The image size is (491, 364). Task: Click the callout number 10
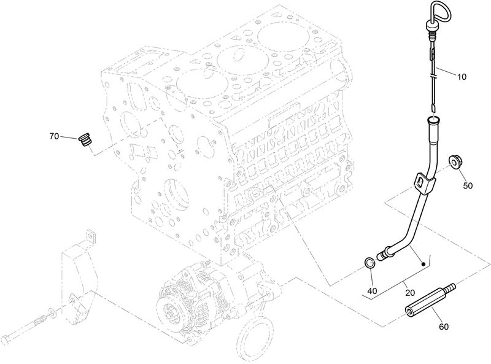pyautogui.click(x=462, y=77)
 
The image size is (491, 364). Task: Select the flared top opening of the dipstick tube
pyautogui.click(x=432, y=122)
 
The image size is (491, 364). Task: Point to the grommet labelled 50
pyautogui.click(x=456, y=161)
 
